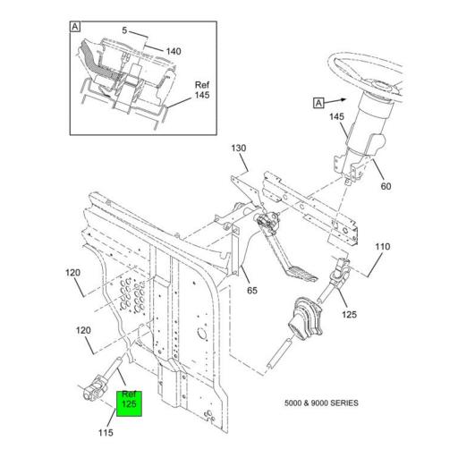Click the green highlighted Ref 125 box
click(x=129, y=403)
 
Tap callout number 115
click(x=106, y=432)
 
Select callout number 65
click(x=252, y=290)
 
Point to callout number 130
click(x=239, y=148)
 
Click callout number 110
click(x=382, y=247)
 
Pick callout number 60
click(x=386, y=186)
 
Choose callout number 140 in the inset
click(x=174, y=51)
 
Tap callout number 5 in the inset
click(x=124, y=30)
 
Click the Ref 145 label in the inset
click(x=202, y=90)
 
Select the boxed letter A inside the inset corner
click(x=75, y=27)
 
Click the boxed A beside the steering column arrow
click(x=318, y=103)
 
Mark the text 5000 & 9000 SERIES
click(x=321, y=403)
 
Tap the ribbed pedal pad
click(x=301, y=274)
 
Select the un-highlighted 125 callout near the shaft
click(x=349, y=314)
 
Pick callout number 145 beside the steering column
click(x=336, y=116)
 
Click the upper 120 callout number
click(x=73, y=273)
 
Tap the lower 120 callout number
click(x=83, y=330)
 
